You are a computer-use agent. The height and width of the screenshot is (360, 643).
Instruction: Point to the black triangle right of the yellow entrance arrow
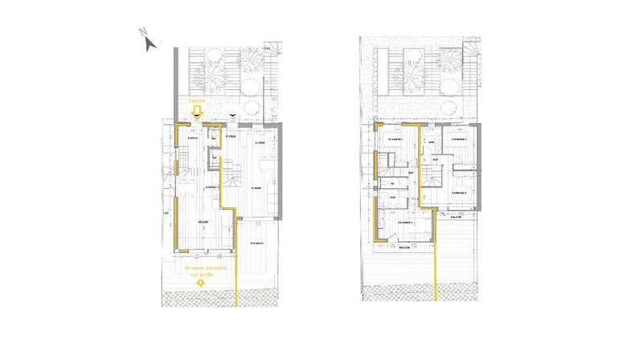pyautogui.click(x=231, y=117)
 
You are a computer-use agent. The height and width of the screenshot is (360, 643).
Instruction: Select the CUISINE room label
pyautogui.click(x=260, y=142)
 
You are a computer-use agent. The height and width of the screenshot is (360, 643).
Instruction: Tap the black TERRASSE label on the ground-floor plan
pyautogui.click(x=259, y=242)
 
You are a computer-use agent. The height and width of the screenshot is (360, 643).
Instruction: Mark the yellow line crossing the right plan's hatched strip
pyautogui.click(x=437, y=295)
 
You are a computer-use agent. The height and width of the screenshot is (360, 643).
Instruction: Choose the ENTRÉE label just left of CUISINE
pyautogui.click(x=231, y=137)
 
